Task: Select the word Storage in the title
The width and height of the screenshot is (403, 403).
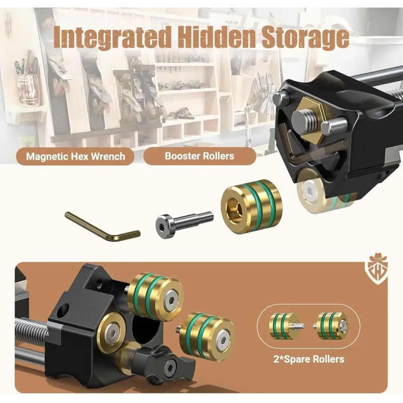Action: click(305, 38)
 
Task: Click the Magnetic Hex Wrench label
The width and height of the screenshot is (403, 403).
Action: click(76, 157)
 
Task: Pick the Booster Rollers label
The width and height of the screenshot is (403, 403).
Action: click(199, 156)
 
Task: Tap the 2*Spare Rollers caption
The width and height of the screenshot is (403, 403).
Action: click(308, 359)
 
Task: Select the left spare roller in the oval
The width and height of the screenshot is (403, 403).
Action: click(285, 326)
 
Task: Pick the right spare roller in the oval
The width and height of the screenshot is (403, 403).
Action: click(331, 325)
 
